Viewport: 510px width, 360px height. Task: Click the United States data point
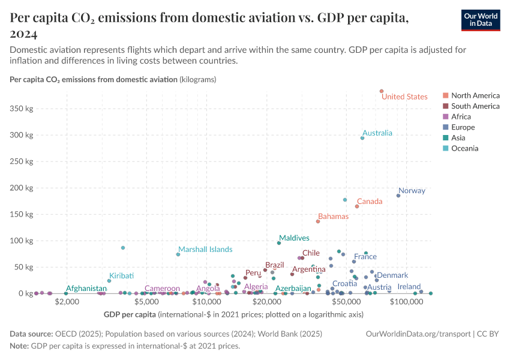[x=382, y=91]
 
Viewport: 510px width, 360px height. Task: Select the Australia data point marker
[x=362, y=138]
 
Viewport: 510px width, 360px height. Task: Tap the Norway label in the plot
[x=412, y=191]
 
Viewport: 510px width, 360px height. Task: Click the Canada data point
[x=357, y=206]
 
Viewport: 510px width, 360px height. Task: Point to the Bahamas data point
[x=318, y=221]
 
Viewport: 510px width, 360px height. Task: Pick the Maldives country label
[x=294, y=238]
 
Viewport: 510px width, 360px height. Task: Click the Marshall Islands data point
[x=178, y=254]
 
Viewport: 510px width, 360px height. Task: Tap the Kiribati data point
[x=109, y=281]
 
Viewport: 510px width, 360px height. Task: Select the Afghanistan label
[x=86, y=289]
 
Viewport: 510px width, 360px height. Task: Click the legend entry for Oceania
[x=464, y=148]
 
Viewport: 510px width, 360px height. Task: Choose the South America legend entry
[x=475, y=106]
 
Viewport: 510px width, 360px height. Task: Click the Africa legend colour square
[x=445, y=117]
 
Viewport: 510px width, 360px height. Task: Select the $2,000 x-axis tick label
[x=67, y=302]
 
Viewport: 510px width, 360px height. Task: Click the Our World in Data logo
[x=481, y=19]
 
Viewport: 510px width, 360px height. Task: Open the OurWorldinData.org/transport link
[x=418, y=334]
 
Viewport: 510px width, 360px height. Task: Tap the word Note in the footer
[x=19, y=346]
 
